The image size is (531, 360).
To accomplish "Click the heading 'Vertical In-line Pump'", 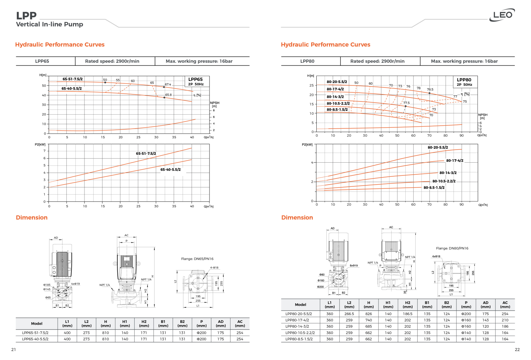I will [49, 24].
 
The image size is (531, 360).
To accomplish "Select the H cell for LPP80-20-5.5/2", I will [369, 314].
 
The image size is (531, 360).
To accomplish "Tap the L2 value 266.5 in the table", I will [349, 314].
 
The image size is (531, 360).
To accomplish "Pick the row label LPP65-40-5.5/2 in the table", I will [35, 339].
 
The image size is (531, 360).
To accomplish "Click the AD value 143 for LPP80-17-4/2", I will [485, 320].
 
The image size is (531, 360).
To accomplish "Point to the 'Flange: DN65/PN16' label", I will [197, 259].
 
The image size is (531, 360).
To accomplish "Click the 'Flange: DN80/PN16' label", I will [452, 248].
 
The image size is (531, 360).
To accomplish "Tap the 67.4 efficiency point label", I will [168, 84].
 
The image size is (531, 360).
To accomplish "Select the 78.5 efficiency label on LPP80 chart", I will [430, 90].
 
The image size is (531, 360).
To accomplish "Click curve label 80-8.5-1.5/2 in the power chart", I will [434, 188].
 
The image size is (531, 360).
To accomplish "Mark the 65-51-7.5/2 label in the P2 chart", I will [146, 153].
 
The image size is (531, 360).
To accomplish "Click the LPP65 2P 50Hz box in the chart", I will [196, 81].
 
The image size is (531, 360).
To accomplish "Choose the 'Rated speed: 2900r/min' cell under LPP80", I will [377, 61].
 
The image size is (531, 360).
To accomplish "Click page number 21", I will [13, 350].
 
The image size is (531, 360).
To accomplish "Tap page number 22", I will [517, 350].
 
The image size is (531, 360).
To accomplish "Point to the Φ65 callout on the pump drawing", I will [48, 298].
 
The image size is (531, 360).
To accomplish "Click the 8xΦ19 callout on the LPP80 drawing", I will [353, 266].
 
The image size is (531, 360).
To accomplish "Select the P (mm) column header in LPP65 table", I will [202, 324].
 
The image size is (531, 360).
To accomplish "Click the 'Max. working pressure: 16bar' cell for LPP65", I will [199, 61].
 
